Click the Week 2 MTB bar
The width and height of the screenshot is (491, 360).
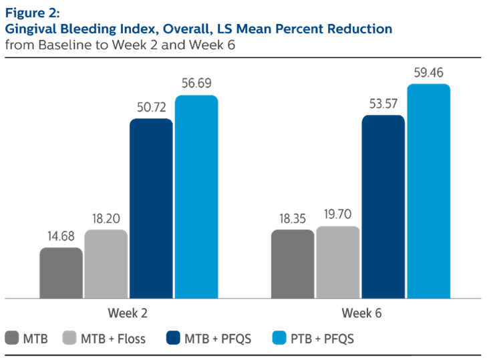pos(61,273)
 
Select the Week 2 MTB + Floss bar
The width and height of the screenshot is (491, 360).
pos(106,264)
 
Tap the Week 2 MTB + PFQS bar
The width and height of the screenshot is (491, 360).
pos(151,208)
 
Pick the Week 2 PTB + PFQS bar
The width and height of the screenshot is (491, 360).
pos(196,197)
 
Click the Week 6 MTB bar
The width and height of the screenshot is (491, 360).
pos(293,264)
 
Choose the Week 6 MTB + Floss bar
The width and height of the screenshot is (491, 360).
pos(338,262)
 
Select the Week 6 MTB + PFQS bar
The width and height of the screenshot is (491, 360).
pos(383,207)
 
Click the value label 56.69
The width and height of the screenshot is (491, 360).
pos(196,83)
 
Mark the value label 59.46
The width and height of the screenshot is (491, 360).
pos(429,71)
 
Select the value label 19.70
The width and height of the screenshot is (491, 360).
pos(338,214)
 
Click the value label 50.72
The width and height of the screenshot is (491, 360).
pos(152,107)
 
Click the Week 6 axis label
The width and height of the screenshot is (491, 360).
pos(361,313)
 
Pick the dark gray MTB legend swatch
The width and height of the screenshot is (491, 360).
pos(11,339)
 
